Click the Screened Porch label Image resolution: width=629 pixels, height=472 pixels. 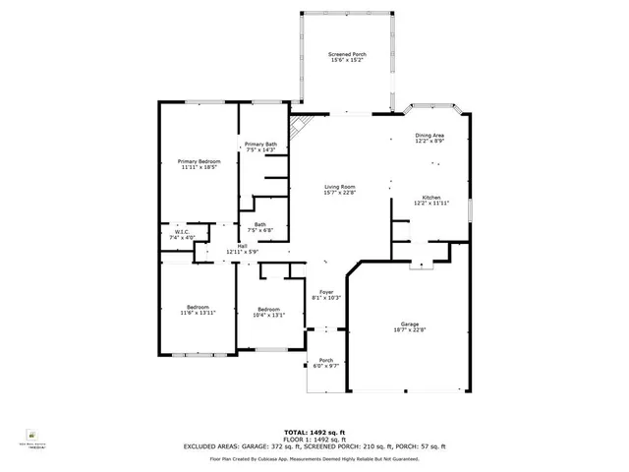(346, 55)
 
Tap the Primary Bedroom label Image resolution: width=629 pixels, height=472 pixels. (199, 161)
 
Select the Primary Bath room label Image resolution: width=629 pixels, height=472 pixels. (260, 145)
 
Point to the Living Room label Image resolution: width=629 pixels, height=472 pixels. (340, 187)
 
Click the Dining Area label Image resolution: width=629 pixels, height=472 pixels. (429, 136)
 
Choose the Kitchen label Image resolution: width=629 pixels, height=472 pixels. (431, 198)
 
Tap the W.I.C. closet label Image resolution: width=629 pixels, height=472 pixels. (183, 233)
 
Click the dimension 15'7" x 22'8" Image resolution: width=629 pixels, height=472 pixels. (340, 193)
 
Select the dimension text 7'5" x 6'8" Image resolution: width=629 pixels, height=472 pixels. (259, 230)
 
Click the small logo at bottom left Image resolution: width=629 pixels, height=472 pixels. (31, 432)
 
